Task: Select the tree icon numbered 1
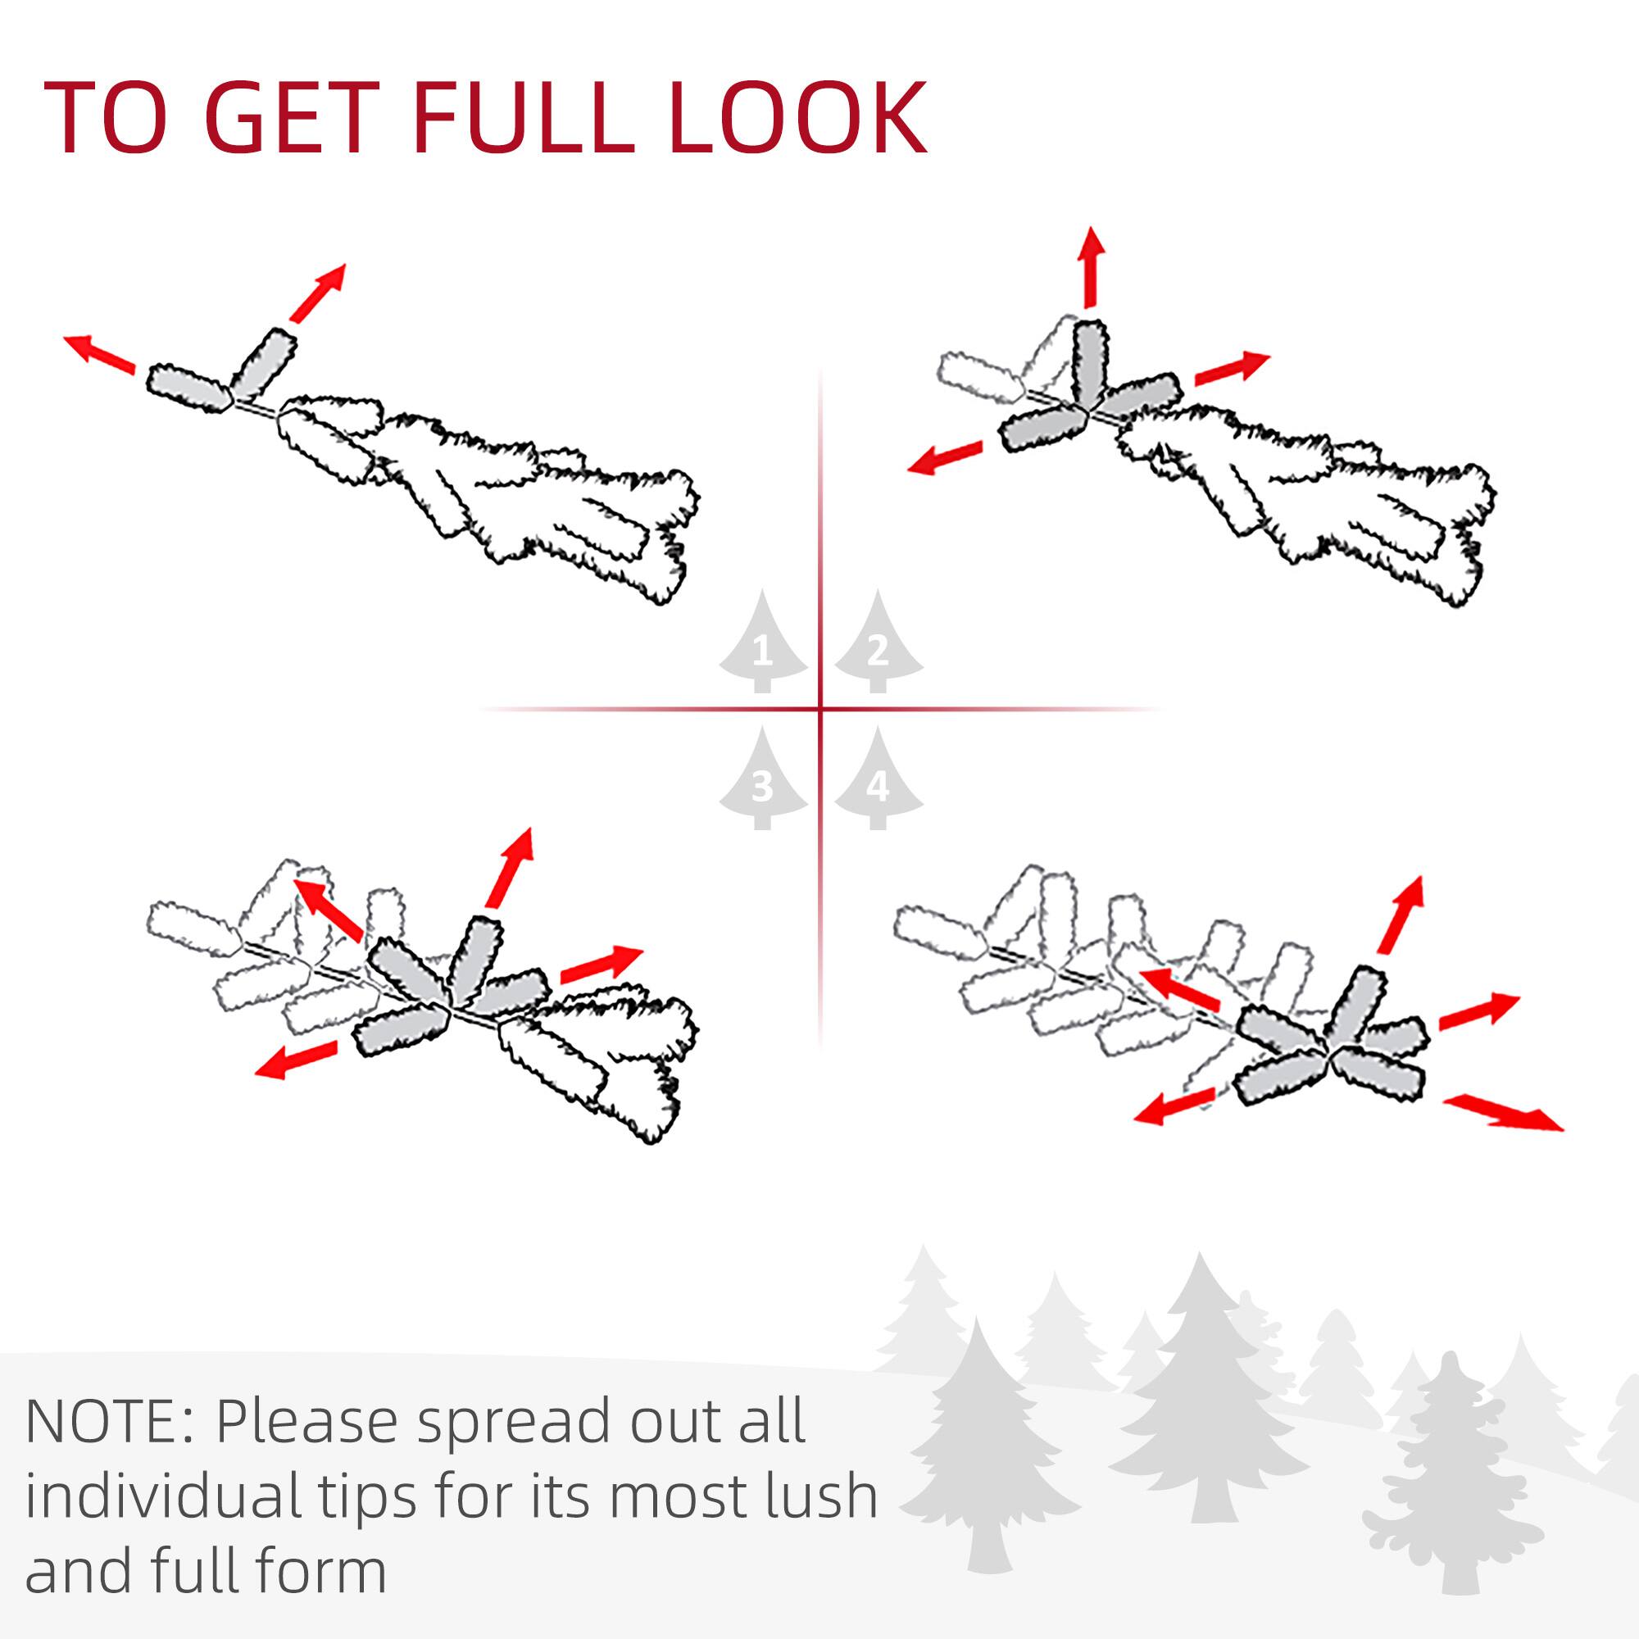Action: (x=763, y=644)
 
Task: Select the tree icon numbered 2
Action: (x=878, y=644)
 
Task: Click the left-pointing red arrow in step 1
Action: (x=99, y=354)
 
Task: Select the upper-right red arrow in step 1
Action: (x=318, y=292)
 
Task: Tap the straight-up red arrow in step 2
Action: (x=1091, y=266)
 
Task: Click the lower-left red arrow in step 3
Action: (x=296, y=1060)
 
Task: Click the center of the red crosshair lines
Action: (x=820, y=708)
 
